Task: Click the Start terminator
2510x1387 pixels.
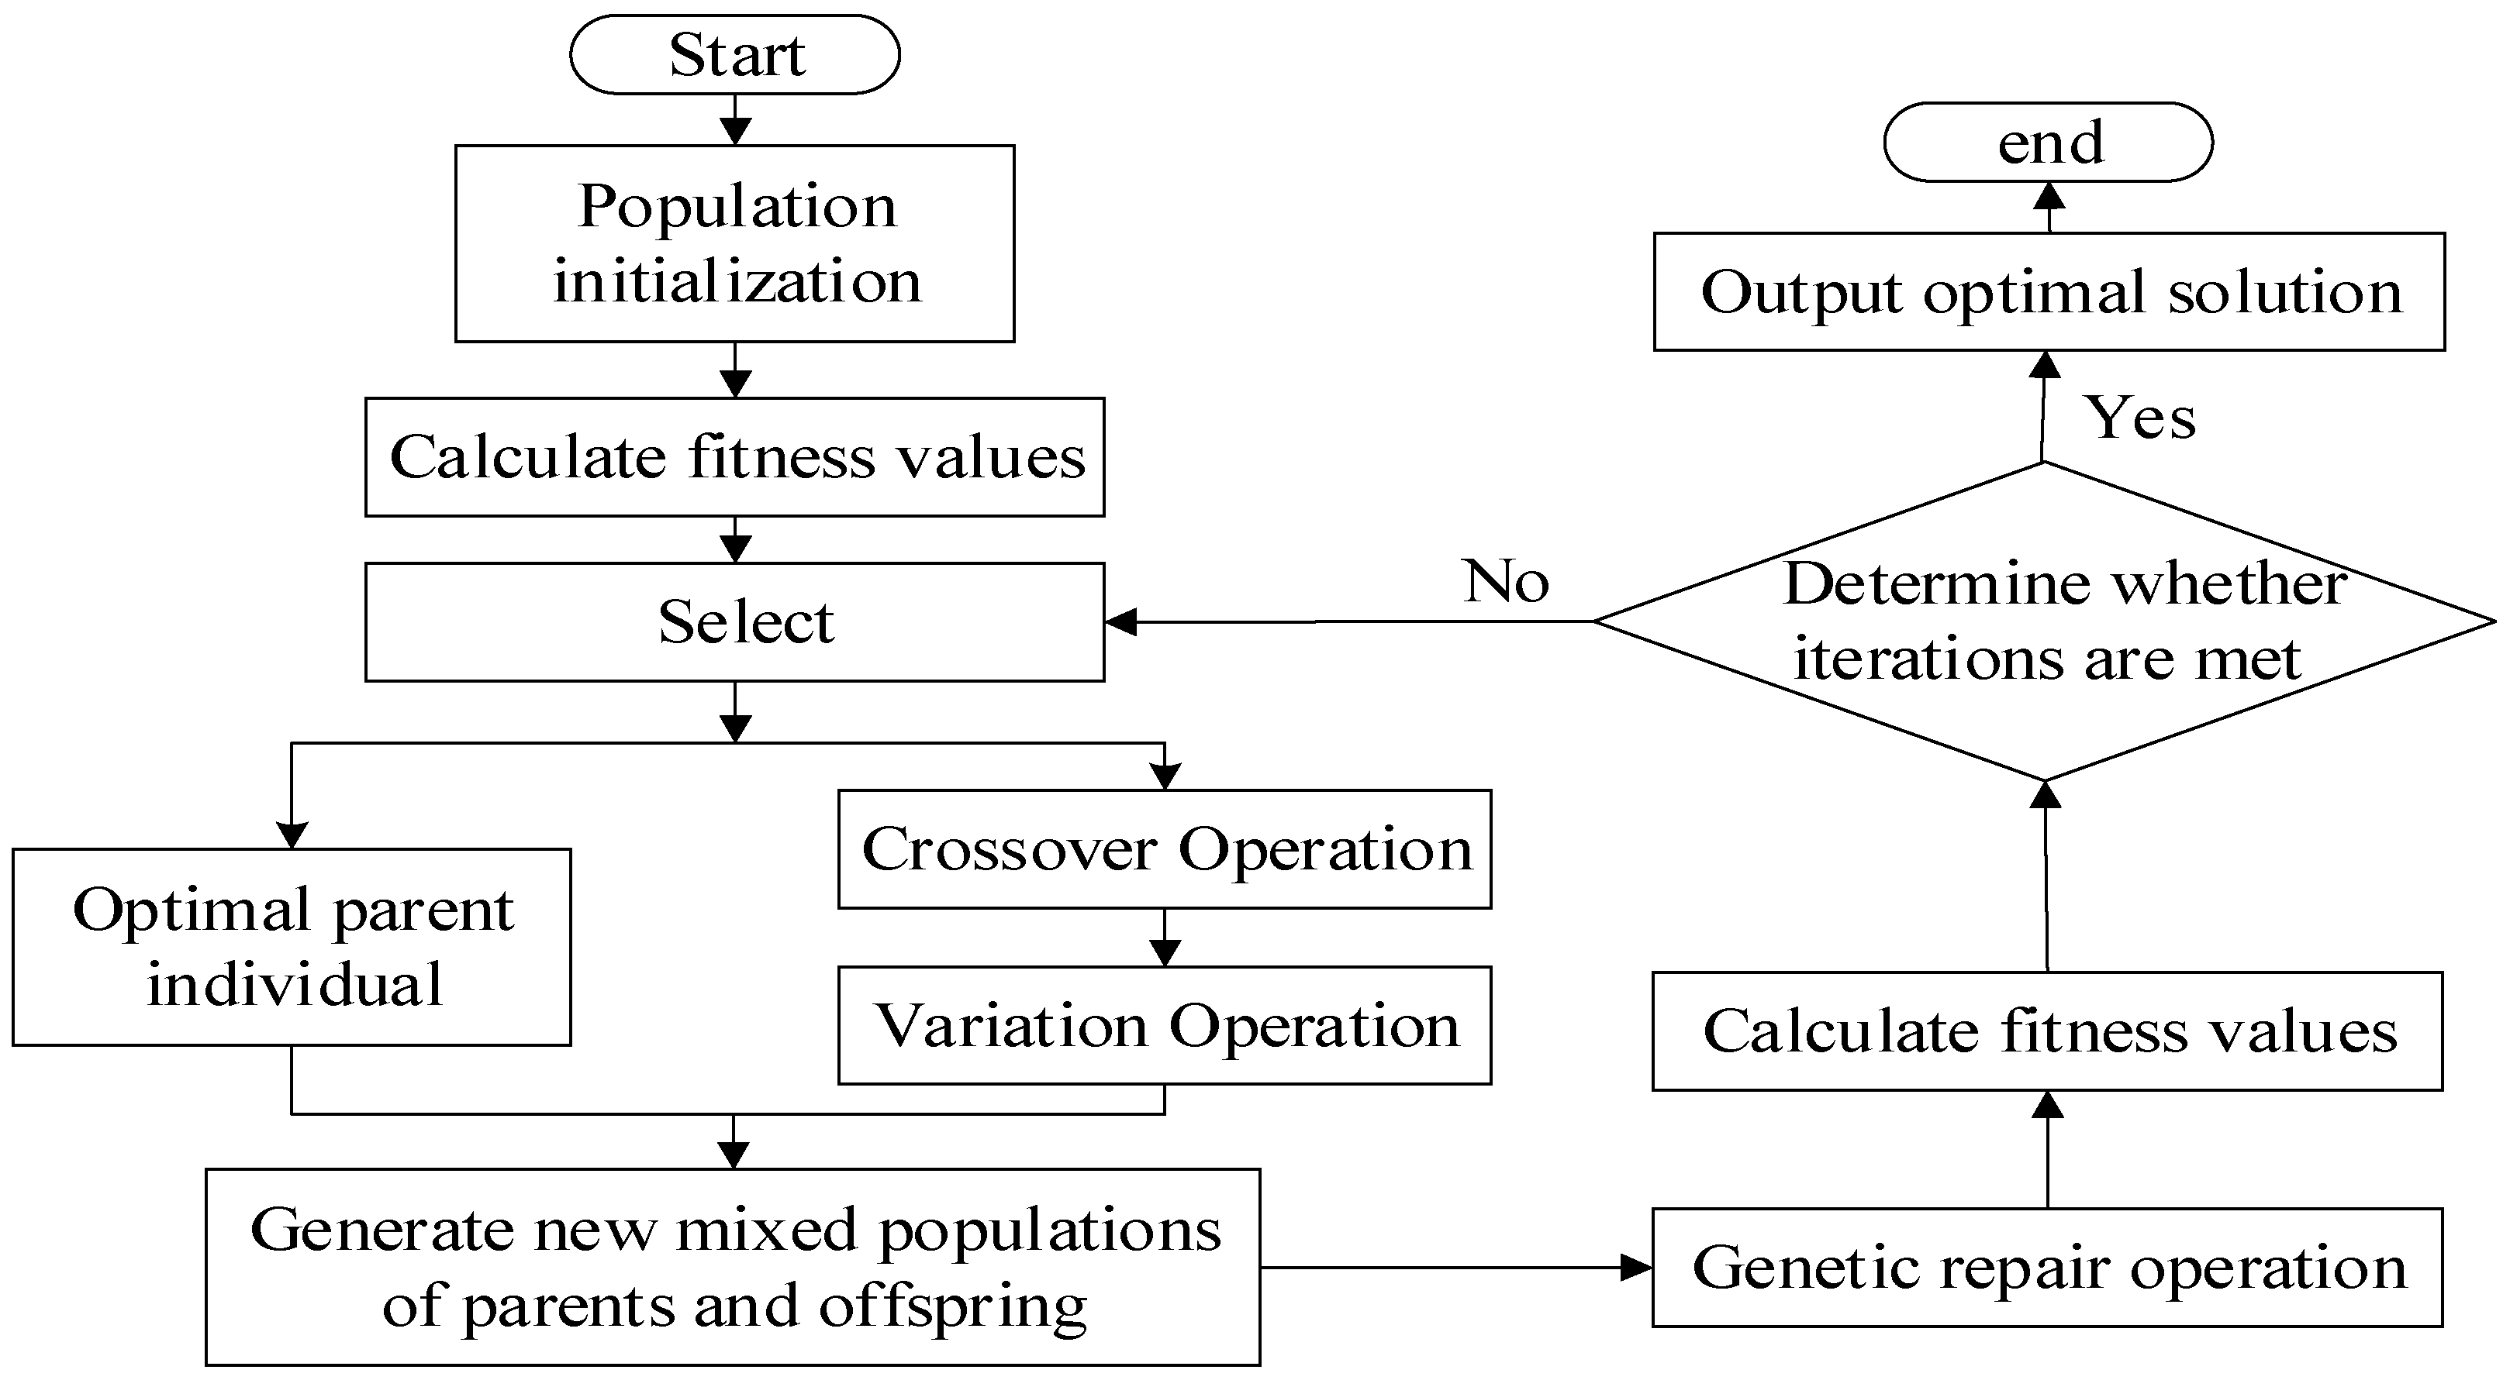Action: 734,54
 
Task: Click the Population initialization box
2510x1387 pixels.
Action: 734,243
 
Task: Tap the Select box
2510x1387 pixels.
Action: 734,621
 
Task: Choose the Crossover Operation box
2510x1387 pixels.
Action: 1165,849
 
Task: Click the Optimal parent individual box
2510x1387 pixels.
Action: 292,947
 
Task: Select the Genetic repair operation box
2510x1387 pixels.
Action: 2047,1267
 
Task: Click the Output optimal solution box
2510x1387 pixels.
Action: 2049,291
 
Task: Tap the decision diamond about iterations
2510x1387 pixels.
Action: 2044,621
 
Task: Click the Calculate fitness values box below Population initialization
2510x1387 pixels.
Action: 734,457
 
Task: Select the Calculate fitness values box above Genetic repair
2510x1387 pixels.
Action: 2047,1031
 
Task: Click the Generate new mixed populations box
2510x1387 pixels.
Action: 733,1267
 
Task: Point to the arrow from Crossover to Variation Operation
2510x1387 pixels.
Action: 1165,939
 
